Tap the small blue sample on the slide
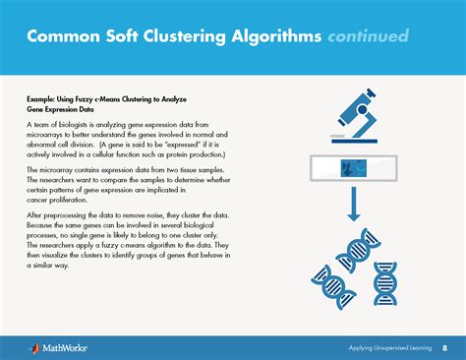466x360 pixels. (x=347, y=167)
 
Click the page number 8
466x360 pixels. (x=444, y=347)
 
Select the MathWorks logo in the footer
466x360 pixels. (x=47, y=347)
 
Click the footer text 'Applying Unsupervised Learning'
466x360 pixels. (x=389, y=347)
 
